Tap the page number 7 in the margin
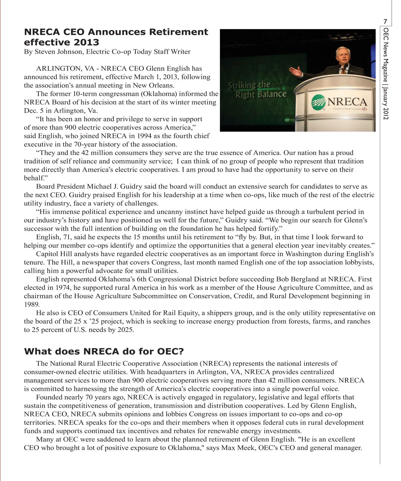pos(385,22)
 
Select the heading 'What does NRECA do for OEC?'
pos(104,351)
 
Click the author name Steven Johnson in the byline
pos(58,52)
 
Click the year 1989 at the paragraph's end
pos(32,304)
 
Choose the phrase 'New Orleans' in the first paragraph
pos(153,85)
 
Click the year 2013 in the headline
pos(87,42)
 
